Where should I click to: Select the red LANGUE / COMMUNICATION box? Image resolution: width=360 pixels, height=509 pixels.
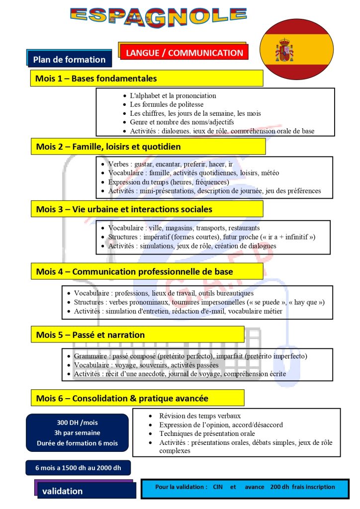184,53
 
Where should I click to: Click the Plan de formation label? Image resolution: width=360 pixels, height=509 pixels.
69,60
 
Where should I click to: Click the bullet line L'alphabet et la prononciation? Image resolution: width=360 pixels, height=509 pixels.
173,95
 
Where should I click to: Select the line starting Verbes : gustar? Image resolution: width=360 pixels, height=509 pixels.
170,164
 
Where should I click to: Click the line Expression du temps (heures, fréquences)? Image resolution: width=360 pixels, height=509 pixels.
169,182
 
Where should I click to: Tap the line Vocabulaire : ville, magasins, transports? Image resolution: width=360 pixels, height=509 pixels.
183,228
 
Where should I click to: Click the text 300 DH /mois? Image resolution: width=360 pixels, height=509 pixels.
77,423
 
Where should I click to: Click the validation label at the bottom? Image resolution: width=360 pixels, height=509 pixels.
63,491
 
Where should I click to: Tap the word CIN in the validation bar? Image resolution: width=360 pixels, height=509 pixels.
217,487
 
